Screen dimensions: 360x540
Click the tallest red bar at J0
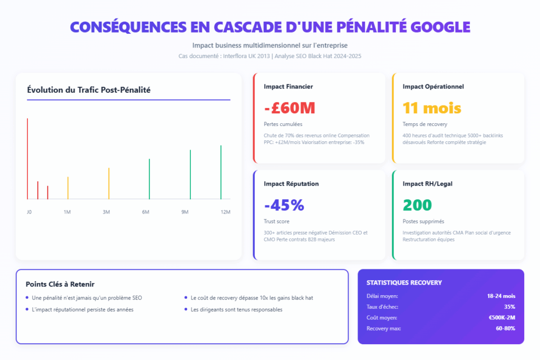[27, 158]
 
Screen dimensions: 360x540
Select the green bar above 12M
[221, 172]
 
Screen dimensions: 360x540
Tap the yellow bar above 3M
[109, 183]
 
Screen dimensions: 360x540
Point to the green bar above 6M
[149, 179]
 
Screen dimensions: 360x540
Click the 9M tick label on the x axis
[185, 212]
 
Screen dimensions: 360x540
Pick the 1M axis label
[67, 212]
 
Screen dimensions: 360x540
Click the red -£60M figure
[290, 108]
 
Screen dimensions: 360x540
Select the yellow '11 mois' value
[432, 108]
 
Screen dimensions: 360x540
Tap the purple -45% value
[284, 205]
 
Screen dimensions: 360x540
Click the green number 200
[417, 205]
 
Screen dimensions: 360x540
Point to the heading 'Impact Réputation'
[291, 184]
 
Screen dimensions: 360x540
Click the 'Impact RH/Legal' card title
[427, 184]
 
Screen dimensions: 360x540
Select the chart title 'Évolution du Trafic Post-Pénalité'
[89, 90]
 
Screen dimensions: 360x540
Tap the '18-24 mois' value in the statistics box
[501, 296]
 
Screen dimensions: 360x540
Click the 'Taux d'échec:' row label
[382, 307]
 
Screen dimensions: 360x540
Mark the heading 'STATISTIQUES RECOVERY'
[404, 283]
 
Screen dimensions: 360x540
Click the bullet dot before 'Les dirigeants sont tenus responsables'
[186, 309]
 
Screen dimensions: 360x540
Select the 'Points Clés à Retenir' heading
[60, 284]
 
